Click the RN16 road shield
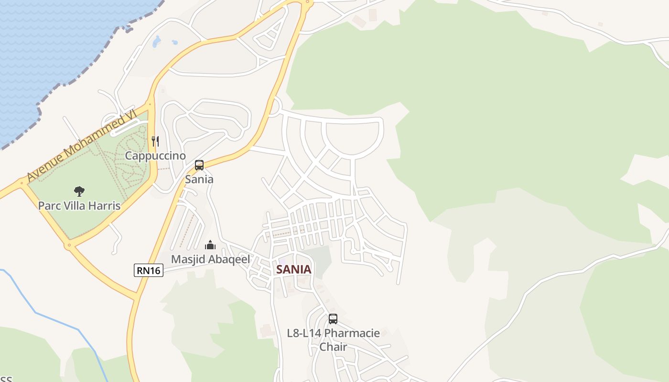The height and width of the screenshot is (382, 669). tap(149, 270)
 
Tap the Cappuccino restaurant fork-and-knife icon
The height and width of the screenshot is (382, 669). tap(155, 141)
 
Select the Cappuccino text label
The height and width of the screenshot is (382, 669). tap(155, 156)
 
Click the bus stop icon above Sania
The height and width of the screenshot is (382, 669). tap(199, 165)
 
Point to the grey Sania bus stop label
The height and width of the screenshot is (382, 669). tap(199, 180)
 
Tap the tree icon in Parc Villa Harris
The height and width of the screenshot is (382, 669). tap(79, 191)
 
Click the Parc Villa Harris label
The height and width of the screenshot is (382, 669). tap(79, 206)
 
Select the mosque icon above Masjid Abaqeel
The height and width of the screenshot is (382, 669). tap(210, 245)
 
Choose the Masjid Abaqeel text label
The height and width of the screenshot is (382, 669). tap(211, 260)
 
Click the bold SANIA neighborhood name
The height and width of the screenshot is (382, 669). tap(294, 269)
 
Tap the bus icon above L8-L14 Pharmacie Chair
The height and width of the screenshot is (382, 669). tap(333, 318)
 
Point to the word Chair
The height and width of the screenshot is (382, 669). tap(333, 347)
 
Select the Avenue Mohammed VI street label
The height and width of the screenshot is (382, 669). tap(81, 145)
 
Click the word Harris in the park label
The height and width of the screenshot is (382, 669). tap(106, 206)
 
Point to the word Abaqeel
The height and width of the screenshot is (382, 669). tap(229, 260)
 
